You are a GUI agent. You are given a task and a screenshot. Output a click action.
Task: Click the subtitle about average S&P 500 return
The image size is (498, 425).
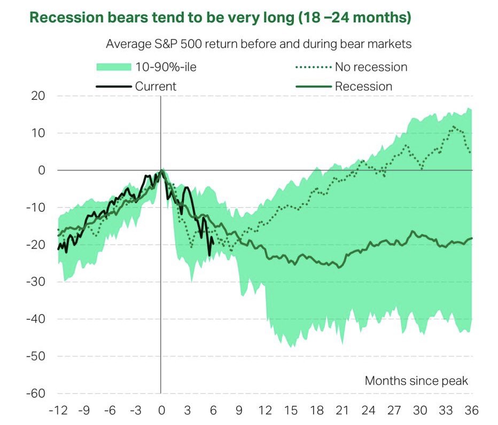pyautogui.click(x=259, y=44)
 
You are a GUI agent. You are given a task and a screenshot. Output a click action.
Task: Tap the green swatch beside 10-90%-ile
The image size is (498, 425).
pyautogui.click(x=114, y=67)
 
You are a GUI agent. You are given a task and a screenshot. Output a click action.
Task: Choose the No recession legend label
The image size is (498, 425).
pyautogui.click(x=371, y=67)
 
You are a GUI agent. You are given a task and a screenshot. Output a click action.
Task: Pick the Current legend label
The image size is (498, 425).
pyautogui.click(x=155, y=86)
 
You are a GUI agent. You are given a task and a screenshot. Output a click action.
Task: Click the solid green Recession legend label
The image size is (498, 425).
pyautogui.click(x=363, y=86)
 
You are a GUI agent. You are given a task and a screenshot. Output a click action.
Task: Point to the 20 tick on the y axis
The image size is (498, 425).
pyautogui.click(x=37, y=96)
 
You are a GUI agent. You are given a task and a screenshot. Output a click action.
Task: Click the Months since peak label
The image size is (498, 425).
pyautogui.click(x=416, y=381)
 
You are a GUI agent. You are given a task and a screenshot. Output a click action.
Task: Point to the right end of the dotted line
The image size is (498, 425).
pyautogui.click(x=470, y=152)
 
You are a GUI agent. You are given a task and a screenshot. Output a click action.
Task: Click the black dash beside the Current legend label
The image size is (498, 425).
pyautogui.click(x=113, y=86)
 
